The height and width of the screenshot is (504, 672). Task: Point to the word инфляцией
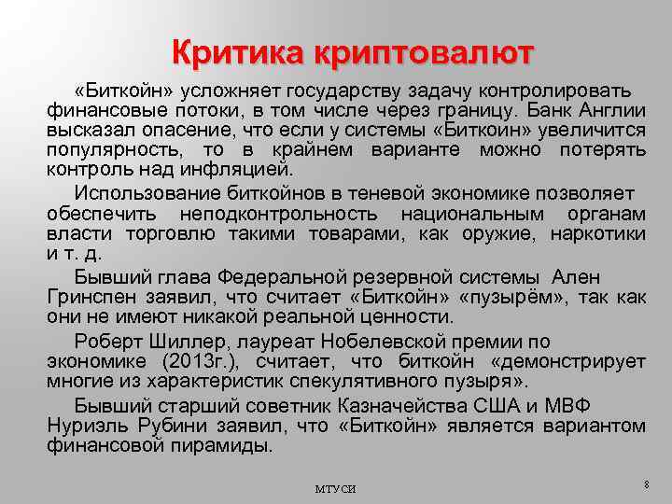245,171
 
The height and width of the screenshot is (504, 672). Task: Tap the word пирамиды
225,445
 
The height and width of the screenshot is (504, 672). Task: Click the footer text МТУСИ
335,488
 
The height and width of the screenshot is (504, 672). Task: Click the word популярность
102,150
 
